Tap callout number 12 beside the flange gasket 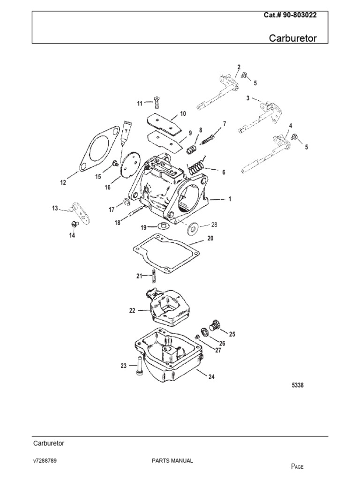(x=63, y=183)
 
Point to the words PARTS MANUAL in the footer (x=172, y=461)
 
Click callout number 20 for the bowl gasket (x=210, y=239)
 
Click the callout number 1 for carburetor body (x=230, y=199)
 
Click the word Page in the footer (x=298, y=466)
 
